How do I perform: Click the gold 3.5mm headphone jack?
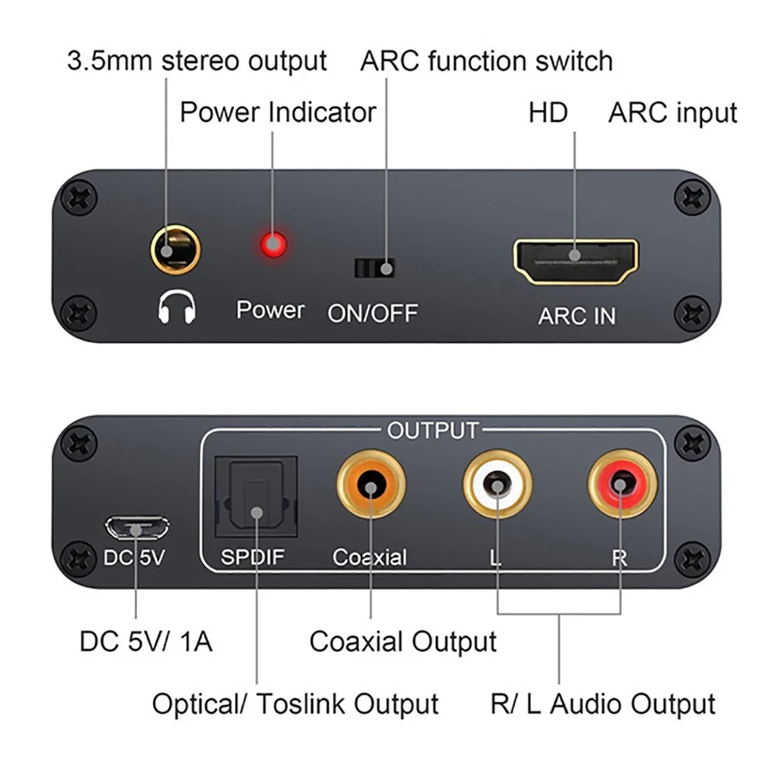(x=175, y=252)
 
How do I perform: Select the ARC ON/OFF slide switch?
(x=374, y=268)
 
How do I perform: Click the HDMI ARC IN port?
(x=576, y=262)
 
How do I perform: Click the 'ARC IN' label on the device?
(x=576, y=316)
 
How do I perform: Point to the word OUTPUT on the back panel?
(x=433, y=430)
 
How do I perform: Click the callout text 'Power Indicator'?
(x=278, y=112)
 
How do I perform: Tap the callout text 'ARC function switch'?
(x=486, y=61)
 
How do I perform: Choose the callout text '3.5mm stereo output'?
(x=197, y=61)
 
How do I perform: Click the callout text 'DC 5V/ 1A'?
(x=146, y=642)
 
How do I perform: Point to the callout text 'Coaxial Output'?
(x=402, y=642)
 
